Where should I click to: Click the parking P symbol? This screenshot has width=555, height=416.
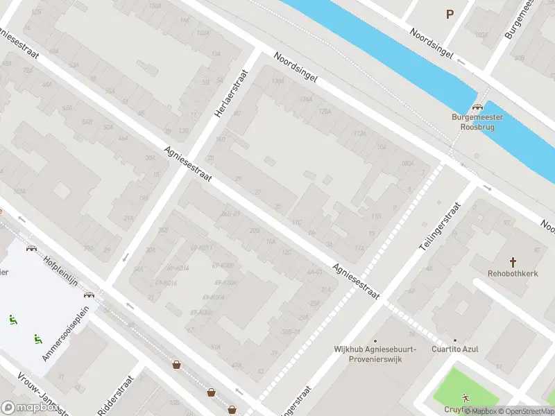click(x=450, y=13)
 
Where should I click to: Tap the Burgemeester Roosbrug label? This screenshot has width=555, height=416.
click(x=477, y=122)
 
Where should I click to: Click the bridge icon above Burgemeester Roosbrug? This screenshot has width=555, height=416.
click(x=477, y=107)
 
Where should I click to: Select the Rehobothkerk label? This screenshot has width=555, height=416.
click(x=513, y=274)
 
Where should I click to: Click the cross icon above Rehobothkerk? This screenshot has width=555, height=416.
click(x=513, y=261)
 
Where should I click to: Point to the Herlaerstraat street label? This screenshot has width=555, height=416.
click(x=226, y=97)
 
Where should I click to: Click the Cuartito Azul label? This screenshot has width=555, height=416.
click(x=455, y=349)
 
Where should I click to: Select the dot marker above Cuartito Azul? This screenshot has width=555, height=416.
click(x=456, y=340)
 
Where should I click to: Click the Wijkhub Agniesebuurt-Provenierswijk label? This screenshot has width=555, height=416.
click(x=375, y=354)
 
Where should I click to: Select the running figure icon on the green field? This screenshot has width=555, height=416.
click(x=466, y=397)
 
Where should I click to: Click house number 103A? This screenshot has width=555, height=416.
click(x=19, y=191)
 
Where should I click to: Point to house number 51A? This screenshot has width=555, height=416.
click(x=216, y=347)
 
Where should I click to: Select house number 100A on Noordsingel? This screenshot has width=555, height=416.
click(x=407, y=163)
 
